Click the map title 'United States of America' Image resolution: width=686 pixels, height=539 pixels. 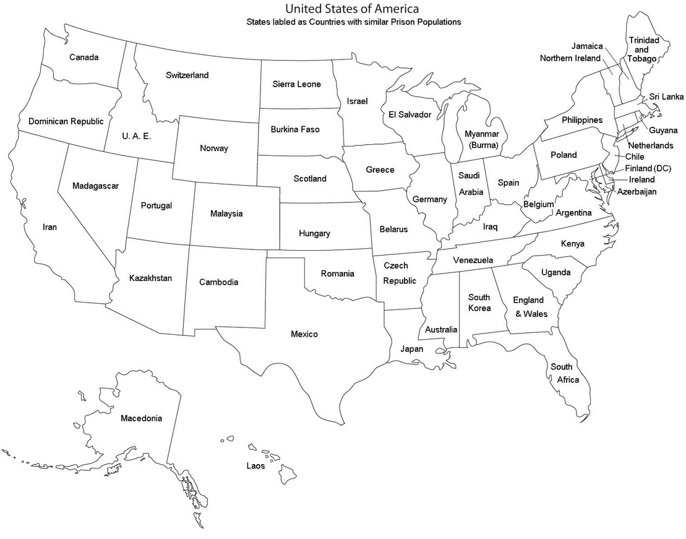coord(351,9)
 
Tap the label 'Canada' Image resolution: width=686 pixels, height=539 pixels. coord(84,58)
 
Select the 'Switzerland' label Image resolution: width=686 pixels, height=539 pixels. coord(187,75)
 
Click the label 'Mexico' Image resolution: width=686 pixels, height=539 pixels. coord(304,334)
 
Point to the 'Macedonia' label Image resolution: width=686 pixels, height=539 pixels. coord(141,418)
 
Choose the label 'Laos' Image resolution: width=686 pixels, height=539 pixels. coord(255,466)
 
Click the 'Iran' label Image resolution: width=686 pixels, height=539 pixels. coord(49,227)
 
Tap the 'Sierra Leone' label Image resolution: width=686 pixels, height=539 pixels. coord(296,84)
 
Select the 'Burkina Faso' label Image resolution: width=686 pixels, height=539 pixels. coord(295,130)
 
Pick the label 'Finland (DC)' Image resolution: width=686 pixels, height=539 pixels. coord(647,168)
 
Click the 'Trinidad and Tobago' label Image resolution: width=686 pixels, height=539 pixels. coord(643,49)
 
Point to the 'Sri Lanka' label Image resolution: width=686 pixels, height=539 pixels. coord(666,97)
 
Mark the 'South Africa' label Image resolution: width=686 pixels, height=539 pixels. coord(562,373)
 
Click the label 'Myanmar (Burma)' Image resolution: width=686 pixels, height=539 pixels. coord(481,139)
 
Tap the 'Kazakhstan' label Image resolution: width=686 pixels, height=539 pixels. coord(150,278)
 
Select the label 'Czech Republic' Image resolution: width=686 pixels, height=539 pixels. coord(397,273)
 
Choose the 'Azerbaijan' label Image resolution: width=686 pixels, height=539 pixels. coord(637,192)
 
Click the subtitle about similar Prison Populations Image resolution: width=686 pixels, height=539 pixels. coord(353,22)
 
